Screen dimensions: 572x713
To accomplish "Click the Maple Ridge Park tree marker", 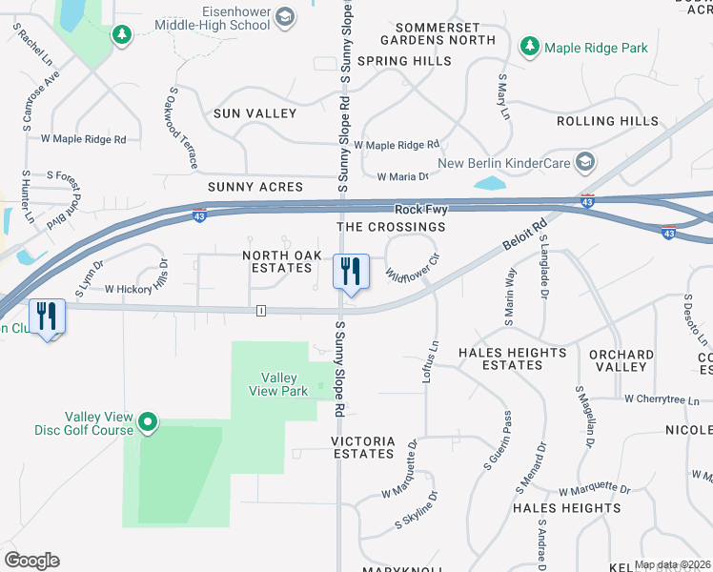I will tap(530, 47).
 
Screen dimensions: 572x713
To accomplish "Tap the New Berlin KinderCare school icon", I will tap(584, 163).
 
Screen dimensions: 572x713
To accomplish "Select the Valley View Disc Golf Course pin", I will tap(147, 420).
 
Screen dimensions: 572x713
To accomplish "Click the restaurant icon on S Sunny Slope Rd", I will tap(350, 272).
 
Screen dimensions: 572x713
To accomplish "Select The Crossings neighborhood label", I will tap(391, 227).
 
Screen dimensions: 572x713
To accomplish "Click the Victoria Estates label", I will tap(362, 448).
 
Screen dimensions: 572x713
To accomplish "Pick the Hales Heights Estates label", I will tap(512, 358).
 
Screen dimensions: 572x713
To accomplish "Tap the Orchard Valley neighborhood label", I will tap(621, 360).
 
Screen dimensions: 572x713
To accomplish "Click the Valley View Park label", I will tap(277, 384).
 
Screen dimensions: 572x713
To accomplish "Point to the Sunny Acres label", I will tap(255, 187).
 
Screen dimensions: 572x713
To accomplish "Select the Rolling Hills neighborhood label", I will tap(607, 121).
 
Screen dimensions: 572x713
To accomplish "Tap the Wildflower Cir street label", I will tap(412, 271).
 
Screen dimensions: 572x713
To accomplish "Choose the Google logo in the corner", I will tap(31, 561).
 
